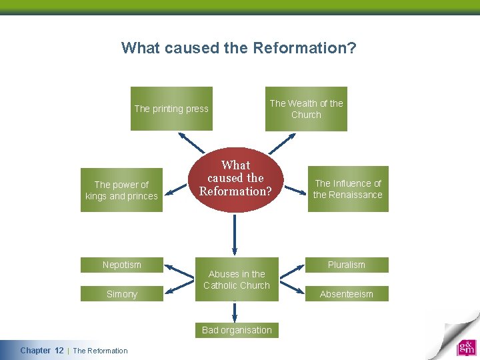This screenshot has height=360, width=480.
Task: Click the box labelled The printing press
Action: tap(171, 109)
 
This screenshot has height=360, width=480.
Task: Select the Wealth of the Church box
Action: tap(306, 109)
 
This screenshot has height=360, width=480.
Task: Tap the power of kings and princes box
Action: tap(121, 190)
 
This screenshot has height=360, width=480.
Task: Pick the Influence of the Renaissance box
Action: tap(347, 189)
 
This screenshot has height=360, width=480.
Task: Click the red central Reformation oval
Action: tap(235, 179)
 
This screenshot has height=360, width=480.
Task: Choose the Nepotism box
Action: tap(121, 265)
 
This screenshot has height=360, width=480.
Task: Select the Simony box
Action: tap(121, 294)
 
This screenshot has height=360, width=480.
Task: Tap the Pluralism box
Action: tap(347, 265)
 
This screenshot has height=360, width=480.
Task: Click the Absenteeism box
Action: tap(347, 294)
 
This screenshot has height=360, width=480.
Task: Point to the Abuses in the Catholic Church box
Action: tap(237, 279)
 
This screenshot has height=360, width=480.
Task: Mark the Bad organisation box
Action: tap(237, 330)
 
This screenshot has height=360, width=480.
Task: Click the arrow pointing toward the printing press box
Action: tap(191, 142)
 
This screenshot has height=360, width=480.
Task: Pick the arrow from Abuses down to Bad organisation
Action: tap(235, 313)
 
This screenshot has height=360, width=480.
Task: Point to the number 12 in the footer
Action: tap(59, 351)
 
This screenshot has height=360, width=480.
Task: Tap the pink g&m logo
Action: tap(466, 347)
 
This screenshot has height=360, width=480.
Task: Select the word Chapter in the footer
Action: tap(35, 351)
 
